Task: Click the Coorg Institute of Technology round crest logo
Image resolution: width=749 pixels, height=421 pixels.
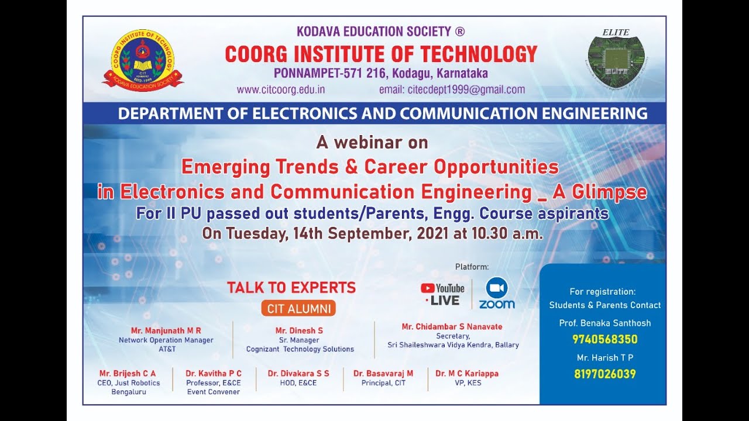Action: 143,60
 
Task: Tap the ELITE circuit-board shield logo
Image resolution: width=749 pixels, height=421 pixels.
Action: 616,58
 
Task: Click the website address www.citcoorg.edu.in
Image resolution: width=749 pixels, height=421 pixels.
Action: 281,89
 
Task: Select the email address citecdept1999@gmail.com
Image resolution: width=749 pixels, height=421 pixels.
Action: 452,89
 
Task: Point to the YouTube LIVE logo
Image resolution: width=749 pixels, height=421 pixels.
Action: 443,294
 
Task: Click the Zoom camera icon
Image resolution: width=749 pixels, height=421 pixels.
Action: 497,288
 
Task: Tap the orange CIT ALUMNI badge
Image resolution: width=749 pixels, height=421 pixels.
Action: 299,309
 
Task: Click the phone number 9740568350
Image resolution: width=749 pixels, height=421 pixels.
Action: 605,340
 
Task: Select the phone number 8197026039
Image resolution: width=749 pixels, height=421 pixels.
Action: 605,374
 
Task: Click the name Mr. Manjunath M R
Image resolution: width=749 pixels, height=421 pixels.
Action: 166,330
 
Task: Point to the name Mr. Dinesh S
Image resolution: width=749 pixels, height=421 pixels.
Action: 299,330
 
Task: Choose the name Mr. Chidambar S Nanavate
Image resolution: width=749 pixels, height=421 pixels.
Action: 452,327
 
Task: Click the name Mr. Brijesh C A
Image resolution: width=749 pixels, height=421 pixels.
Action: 128,373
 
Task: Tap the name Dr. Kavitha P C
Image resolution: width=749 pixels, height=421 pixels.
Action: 214,373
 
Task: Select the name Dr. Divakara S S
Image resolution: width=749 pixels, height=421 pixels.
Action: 298,373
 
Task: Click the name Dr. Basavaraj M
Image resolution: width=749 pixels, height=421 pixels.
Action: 383,373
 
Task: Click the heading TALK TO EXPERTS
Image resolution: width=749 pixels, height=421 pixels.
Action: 291,288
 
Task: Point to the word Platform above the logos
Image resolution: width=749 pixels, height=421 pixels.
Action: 472,267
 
